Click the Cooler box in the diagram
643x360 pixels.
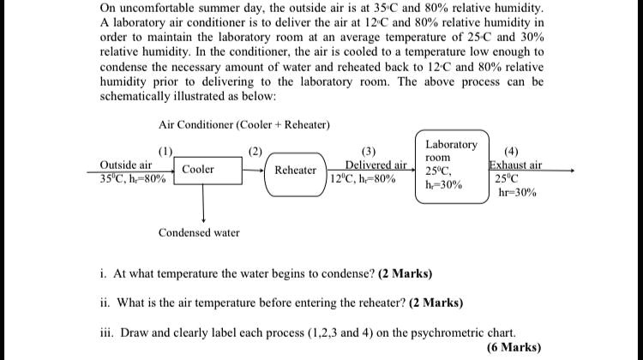coord(198,170)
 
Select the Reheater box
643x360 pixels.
coord(296,170)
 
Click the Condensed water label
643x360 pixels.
coord(199,232)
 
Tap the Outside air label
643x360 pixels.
coord(126,164)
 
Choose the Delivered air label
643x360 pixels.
coord(376,165)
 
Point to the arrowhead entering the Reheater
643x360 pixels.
coord(262,170)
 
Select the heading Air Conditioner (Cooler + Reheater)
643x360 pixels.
coord(244,124)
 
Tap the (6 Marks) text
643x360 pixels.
coord(513,347)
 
